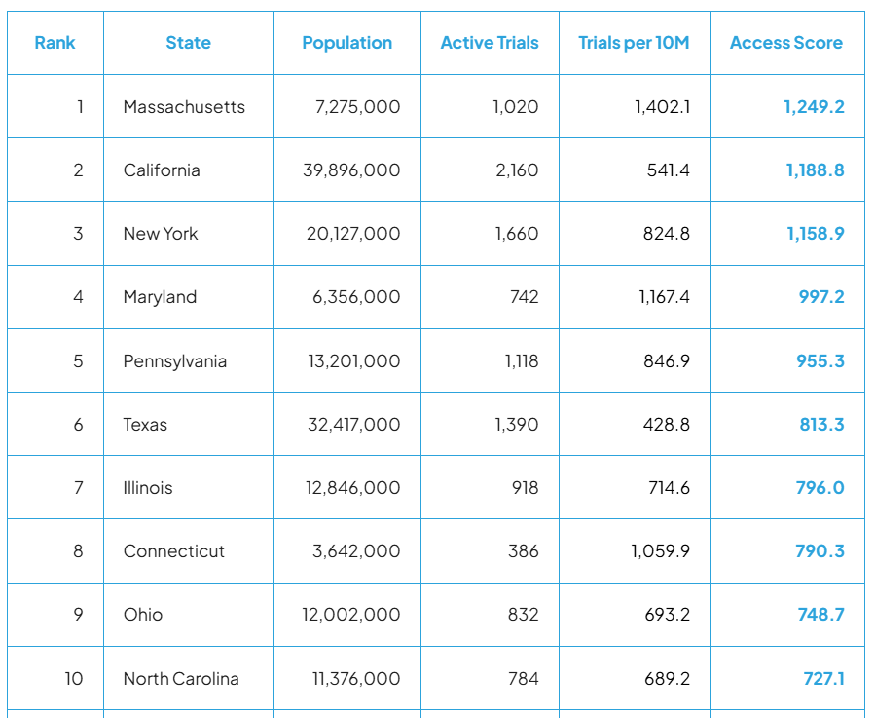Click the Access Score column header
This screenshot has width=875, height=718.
coord(786,43)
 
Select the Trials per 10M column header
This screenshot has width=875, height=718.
coord(634,43)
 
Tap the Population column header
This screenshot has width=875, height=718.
coord(347,43)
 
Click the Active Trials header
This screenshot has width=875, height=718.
coord(490,43)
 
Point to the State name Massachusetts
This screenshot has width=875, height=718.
coord(184,107)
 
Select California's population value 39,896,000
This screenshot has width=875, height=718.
coord(352,170)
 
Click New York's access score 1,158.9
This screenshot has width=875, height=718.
coord(815,234)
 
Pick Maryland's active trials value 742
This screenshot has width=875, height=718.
coord(524,297)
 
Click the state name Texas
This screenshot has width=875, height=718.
coord(145,425)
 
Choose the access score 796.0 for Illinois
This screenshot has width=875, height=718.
coord(820,488)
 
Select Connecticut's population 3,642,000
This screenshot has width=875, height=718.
coord(356,551)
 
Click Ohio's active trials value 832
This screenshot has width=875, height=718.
coord(524,615)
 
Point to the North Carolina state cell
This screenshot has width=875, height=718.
coord(181,679)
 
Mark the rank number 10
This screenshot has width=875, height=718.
coord(74,679)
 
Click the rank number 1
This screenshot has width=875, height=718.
coord(80,107)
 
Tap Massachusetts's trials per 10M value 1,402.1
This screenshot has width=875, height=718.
coord(662,107)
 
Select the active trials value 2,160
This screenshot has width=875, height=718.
coord(516,170)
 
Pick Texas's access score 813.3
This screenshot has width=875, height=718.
coord(821,425)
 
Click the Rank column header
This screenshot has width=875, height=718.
coord(55,43)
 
